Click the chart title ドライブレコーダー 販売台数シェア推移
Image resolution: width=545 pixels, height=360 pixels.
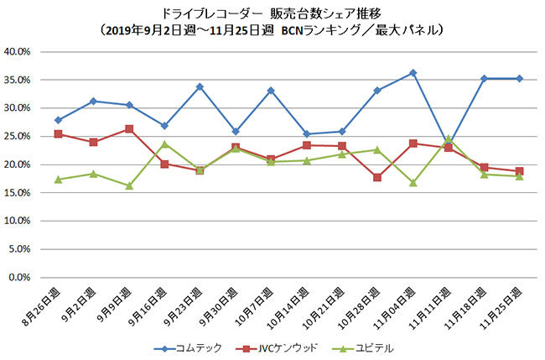(x=272, y=14)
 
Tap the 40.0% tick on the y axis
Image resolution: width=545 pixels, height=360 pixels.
(x=17, y=51)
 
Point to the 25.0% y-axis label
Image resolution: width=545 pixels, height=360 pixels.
(x=17, y=136)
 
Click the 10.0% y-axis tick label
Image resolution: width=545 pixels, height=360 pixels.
(x=17, y=221)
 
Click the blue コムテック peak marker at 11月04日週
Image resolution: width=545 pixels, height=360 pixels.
(x=413, y=73)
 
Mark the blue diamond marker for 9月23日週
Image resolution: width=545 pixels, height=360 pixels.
(x=200, y=86)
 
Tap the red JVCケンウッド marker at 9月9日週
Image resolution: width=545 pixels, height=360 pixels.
(x=128, y=129)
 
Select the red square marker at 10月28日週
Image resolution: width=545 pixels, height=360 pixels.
(x=377, y=177)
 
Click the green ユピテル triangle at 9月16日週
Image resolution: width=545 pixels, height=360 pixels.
(x=164, y=143)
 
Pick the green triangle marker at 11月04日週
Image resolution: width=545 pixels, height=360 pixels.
(x=413, y=182)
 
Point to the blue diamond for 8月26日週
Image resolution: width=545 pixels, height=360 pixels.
(x=57, y=120)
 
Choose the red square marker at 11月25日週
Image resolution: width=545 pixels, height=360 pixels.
(x=519, y=171)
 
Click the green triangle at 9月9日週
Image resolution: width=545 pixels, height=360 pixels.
(x=128, y=185)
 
